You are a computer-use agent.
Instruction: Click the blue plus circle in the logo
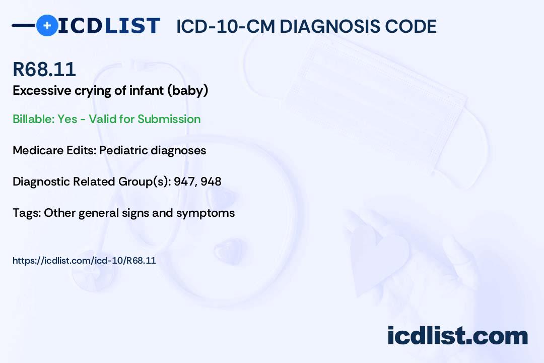47,26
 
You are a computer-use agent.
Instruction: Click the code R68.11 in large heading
44,69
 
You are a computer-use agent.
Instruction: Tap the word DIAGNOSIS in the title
330,26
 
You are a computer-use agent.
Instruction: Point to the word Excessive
42,91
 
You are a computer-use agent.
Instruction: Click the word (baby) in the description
188,91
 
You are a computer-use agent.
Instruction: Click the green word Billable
34,119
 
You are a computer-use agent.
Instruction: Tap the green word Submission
169,119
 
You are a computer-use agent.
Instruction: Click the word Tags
27,213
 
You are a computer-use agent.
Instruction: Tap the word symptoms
206,213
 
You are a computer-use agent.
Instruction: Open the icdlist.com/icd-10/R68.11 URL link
84,261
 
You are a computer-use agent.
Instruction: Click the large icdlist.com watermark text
457,336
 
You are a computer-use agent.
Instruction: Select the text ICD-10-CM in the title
226,26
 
